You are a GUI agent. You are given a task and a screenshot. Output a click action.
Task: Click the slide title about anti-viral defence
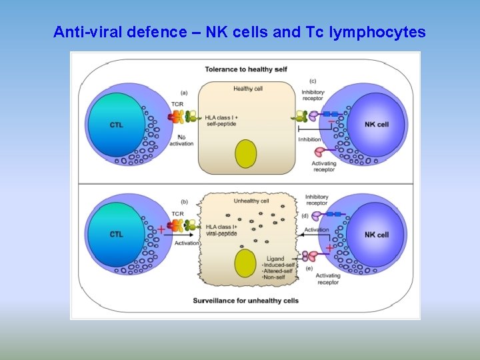coord(239,31)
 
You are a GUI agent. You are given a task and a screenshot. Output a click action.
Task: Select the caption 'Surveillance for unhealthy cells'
coord(245,301)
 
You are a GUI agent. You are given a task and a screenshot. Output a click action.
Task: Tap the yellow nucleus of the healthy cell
coord(246,155)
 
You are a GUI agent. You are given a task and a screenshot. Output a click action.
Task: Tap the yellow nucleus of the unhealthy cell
coord(246,263)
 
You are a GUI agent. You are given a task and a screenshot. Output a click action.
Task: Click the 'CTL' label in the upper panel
coord(116,125)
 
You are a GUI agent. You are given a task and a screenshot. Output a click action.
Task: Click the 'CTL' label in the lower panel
coord(116,235)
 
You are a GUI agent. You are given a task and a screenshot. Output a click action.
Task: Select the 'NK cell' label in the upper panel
coord(377,125)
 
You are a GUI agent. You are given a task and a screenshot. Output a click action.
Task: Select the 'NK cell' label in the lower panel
coord(377,235)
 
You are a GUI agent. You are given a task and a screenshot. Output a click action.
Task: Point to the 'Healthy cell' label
coord(247,89)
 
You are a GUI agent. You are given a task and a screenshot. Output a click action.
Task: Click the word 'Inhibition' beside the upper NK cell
coord(309,139)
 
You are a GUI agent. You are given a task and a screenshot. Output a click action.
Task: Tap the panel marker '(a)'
coord(184,93)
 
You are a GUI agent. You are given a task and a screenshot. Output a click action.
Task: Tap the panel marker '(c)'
coord(312,81)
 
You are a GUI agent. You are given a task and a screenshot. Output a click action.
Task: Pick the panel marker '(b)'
coord(183,201)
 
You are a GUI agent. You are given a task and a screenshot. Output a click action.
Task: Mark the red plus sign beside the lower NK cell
coord(329,248)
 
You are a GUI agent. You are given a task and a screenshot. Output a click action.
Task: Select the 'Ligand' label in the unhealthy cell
coord(274,258)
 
